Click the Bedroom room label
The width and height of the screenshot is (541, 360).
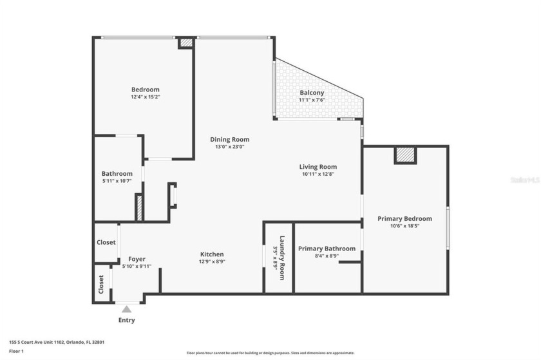click(145, 90)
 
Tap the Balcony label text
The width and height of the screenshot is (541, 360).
click(312, 93)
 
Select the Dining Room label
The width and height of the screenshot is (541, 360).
click(230, 139)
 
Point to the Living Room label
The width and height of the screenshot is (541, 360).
click(318, 166)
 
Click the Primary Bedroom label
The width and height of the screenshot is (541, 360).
click(404, 218)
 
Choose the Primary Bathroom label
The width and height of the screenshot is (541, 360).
click(327, 249)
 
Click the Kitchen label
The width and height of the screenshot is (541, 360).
click(212, 254)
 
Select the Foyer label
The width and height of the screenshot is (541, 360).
click(137, 259)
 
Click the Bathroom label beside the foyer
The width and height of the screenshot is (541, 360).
click(117, 173)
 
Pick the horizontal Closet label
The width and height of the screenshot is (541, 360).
click(106, 243)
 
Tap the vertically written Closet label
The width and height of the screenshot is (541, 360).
click(101, 284)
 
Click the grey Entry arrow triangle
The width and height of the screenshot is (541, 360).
click(127, 309)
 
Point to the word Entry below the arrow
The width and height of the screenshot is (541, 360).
click(127, 320)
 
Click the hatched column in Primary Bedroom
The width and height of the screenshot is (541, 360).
click(405, 155)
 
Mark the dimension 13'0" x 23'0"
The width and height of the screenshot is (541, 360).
click(230, 147)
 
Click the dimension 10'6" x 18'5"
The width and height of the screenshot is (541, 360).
click(404, 226)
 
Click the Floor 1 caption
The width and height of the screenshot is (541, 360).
click(17, 351)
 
